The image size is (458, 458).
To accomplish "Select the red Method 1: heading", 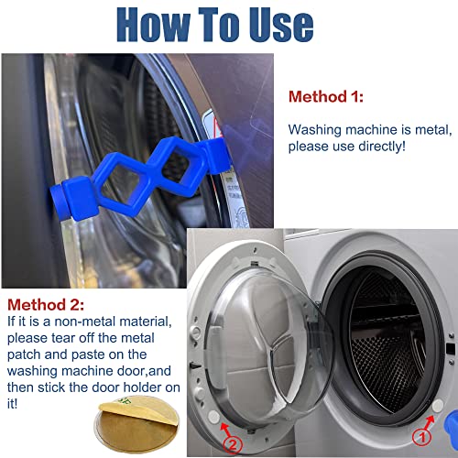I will pos(325,95).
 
